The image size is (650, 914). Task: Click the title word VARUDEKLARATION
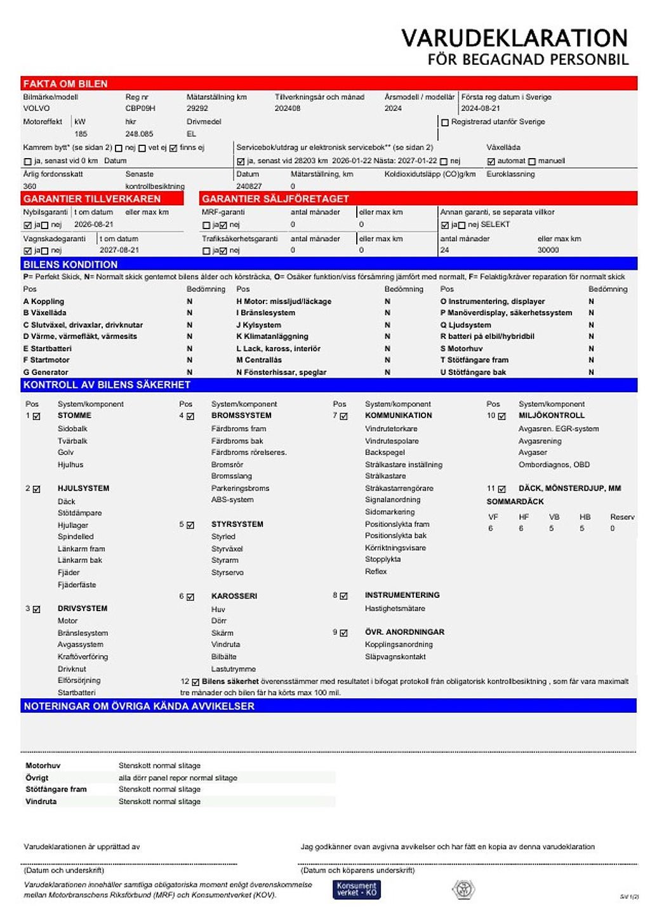514,38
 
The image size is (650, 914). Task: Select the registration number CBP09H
140,109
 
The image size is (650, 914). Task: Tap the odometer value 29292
197,109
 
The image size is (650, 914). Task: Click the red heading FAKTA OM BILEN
65,84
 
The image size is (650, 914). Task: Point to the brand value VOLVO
36,109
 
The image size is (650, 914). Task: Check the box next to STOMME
37,416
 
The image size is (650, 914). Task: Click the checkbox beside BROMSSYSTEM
190,416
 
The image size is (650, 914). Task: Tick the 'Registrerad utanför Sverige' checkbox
445,123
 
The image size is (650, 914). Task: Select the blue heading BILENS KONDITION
70,264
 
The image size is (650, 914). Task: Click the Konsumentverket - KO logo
356,889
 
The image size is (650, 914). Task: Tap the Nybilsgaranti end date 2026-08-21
94,225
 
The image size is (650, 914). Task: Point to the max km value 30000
548,250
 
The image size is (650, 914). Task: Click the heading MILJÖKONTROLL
551,416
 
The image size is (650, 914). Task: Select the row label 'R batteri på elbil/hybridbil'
487,336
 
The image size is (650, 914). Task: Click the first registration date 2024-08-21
481,109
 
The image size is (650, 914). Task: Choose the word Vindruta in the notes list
41,802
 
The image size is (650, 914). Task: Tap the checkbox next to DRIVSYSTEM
37,609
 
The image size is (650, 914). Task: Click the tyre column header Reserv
622,517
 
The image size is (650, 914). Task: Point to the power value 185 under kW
81,134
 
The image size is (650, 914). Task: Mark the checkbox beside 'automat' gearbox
491,162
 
